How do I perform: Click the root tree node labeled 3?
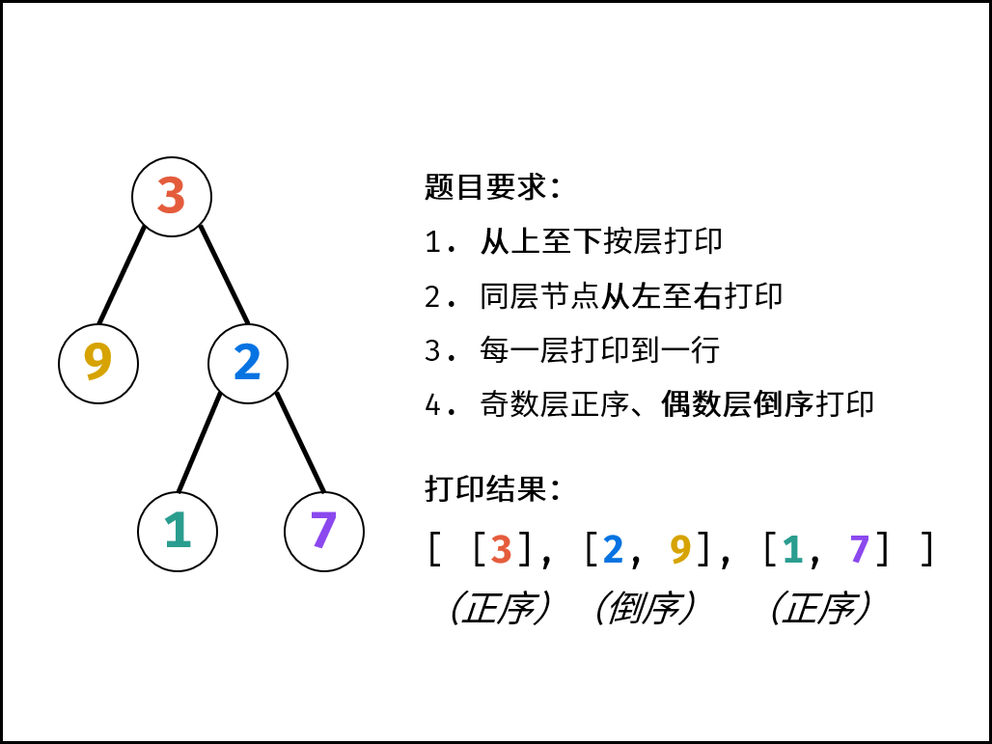(x=172, y=197)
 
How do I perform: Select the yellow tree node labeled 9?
(x=98, y=363)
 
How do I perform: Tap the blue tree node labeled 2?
(x=248, y=363)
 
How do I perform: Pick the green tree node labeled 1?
(x=178, y=531)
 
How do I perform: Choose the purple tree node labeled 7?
(x=324, y=531)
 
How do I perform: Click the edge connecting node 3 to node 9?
(x=123, y=275)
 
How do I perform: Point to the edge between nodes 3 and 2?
(x=224, y=275)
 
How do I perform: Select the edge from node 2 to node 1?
(x=200, y=442)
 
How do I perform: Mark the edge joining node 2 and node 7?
(x=300, y=442)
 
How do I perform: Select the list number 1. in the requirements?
(x=440, y=242)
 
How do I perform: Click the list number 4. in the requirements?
(x=440, y=404)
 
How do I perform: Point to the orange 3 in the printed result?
(x=501, y=549)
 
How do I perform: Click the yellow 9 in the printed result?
(x=681, y=549)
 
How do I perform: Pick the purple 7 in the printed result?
(x=859, y=549)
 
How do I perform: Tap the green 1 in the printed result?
(x=792, y=549)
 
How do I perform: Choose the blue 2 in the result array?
(x=613, y=549)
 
